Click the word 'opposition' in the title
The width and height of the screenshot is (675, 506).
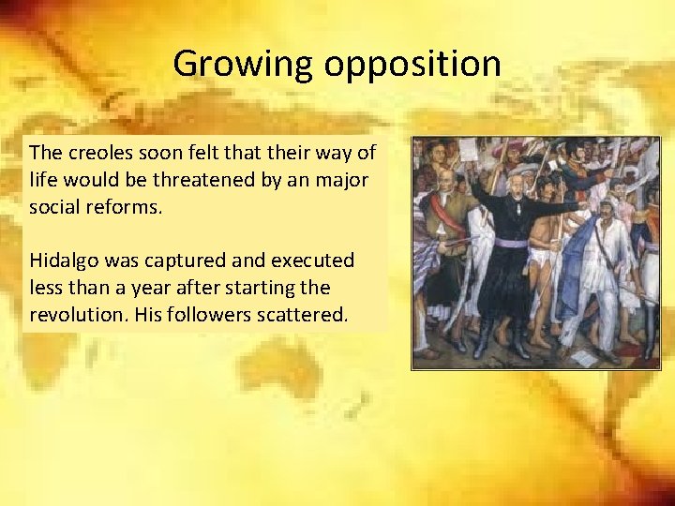pyautogui.click(x=412, y=65)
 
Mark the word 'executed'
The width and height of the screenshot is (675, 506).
pyautogui.click(x=315, y=260)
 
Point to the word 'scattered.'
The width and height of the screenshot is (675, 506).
pyautogui.click(x=299, y=315)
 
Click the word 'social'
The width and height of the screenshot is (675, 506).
pyautogui.click(x=53, y=207)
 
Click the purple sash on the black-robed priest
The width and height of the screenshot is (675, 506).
pyautogui.click(x=511, y=243)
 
